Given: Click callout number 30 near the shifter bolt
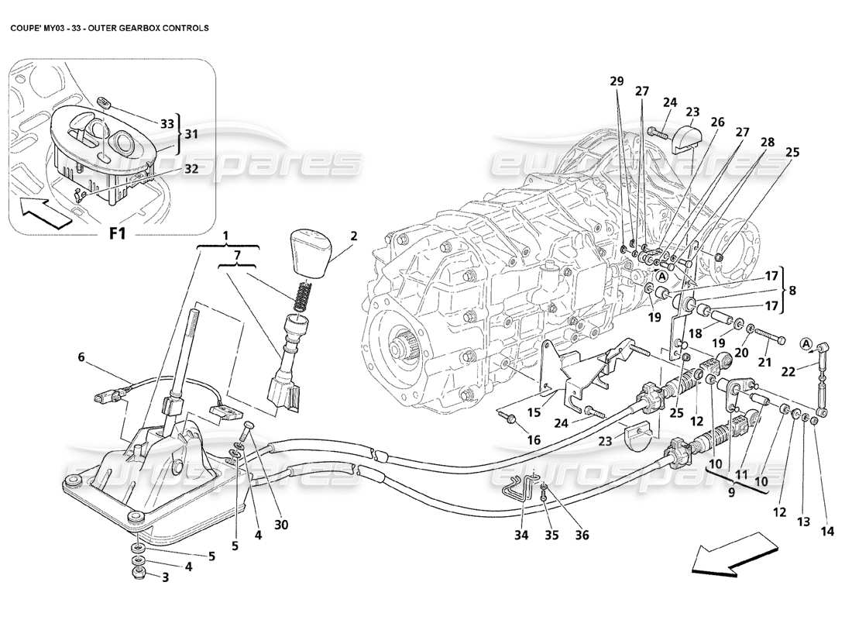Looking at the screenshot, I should tap(280, 524).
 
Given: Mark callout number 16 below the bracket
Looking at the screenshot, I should tap(534, 439).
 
